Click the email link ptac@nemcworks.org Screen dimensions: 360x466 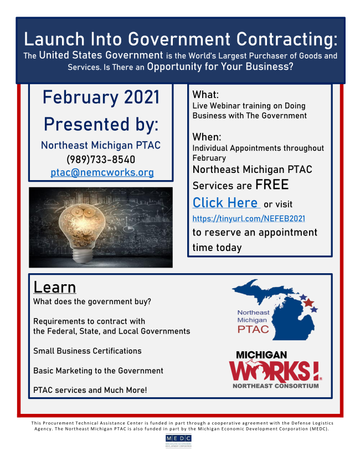coord(102,173)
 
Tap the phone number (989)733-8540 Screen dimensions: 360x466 coord(101,160)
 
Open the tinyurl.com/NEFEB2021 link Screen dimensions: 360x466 coord(249,218)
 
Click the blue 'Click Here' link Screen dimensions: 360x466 coord(225,203)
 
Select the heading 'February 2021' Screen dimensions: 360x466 coord(101,97)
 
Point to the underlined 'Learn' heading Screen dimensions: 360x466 coord(55,287)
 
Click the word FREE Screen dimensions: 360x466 coord(272,185)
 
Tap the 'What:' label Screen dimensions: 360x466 coord(205,95)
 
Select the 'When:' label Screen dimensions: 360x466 coord(207,137)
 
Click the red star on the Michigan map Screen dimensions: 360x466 coord(308,303)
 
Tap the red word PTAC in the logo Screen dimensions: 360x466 coord(253,329)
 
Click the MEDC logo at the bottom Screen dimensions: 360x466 coord(178,441)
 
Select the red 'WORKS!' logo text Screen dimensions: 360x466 coord(274,371)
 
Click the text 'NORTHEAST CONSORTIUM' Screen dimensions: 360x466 coord(276,386)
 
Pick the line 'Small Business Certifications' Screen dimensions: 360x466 coord(88,351)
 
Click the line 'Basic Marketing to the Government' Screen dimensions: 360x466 coord(99,371)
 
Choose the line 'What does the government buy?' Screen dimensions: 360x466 coord(92,301)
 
